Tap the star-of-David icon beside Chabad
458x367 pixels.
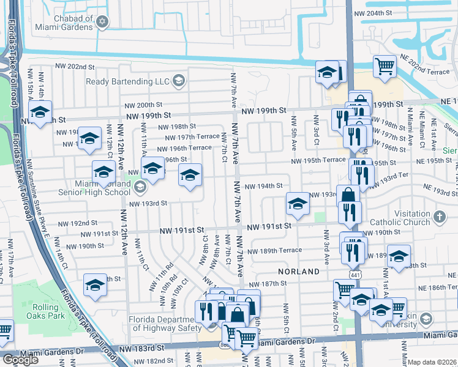pos(103,23)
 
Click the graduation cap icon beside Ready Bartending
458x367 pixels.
pos(178,81)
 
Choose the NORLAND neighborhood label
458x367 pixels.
pos(299,271)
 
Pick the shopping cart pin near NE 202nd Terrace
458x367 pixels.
pos(385,65)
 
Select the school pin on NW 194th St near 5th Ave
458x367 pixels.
pos(298,204)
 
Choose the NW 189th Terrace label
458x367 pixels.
pos(281,250)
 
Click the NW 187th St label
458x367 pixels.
pos(272,283)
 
